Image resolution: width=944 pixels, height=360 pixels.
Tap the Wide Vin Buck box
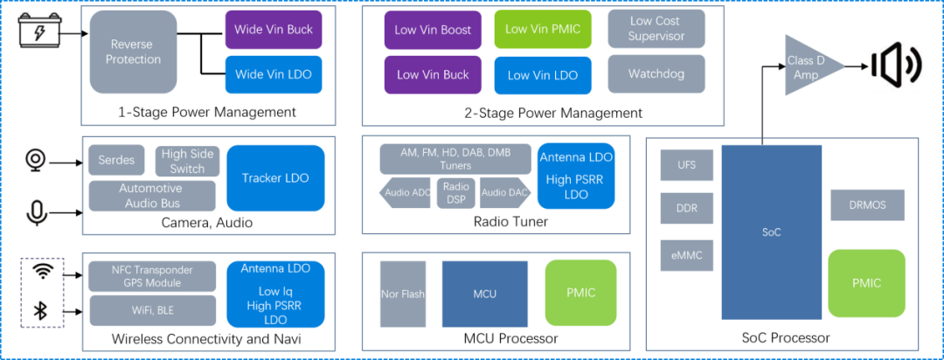click(x=274, y=29)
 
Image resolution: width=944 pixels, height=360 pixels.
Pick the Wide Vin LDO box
click(x=274, y=74)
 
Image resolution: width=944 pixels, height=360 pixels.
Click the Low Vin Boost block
click(x=433, y=30)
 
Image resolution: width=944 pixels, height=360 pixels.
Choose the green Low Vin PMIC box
click(x=543, y=29)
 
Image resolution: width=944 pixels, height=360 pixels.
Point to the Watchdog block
click(x=656, y=74)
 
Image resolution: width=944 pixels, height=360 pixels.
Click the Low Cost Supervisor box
click(x=656, y=29)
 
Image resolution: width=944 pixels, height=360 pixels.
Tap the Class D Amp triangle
click(x=809, y=65)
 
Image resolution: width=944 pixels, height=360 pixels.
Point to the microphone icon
click(x=36, y=212)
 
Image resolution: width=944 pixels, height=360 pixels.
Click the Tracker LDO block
click(x=275, y=178)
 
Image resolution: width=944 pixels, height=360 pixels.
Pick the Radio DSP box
click(x=455, y=192)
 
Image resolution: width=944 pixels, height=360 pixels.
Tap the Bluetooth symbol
click(x=41, y=311)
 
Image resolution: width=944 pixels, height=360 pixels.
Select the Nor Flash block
click(x=403, y=294)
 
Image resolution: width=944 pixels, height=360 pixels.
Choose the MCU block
click(x=484, y=294)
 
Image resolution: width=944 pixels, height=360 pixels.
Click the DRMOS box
click(x=868, y=205)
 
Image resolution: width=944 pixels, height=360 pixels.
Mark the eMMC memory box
click(x=686, y=255)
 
